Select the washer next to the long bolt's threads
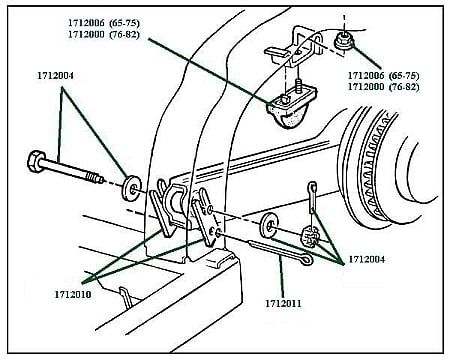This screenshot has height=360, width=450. [x=131, y=187]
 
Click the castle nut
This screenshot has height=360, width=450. [x=309, y=239]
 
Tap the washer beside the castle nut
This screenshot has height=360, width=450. [x=270, y=222]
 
